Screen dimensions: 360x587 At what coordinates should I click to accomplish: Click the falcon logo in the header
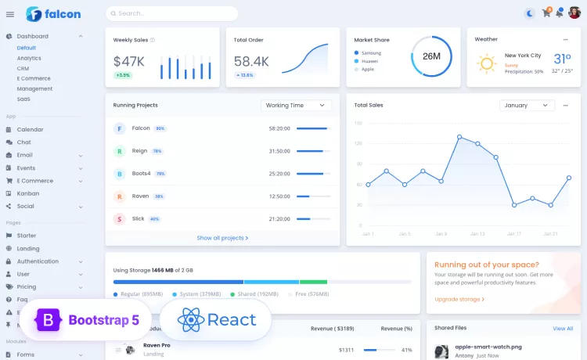[x=53, y=13]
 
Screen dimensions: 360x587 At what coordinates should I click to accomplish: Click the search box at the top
[x=172, y=13]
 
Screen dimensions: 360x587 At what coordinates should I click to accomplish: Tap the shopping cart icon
[x=546, y=13]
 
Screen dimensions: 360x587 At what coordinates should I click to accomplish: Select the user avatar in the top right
[x=574, y=13]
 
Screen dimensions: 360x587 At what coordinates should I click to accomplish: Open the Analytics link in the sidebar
[x=29, y=58]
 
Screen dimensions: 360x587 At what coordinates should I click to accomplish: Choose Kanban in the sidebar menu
[x=28, y=193]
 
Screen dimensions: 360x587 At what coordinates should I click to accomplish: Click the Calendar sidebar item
[x=30, y=129]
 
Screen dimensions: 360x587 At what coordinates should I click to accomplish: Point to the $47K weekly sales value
[x=128, y=61]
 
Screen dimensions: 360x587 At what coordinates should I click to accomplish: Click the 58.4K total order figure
[x=251, y=61]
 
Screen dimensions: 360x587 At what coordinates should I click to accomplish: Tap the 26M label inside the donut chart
[x=431, y=56]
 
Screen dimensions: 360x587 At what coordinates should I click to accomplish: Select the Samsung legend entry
[x=370, y=52]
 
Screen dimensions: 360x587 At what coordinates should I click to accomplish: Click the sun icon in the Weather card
[x=487, y=63]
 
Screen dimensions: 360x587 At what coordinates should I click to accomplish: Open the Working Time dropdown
[x=296, y=105]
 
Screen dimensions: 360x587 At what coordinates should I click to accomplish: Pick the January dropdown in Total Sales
[x=527, y=105]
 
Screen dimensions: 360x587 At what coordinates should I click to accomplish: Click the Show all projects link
[x=222, y=238]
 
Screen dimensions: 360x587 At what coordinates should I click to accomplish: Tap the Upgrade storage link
[x=459, y=299]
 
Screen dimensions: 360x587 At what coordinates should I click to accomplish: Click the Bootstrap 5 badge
[x=85, y=319]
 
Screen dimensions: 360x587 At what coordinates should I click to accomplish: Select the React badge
[x=217, y=319]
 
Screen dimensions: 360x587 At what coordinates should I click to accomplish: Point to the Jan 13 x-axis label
[x=477, y=233]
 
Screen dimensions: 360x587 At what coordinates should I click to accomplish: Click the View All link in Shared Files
[x=563, y=329]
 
